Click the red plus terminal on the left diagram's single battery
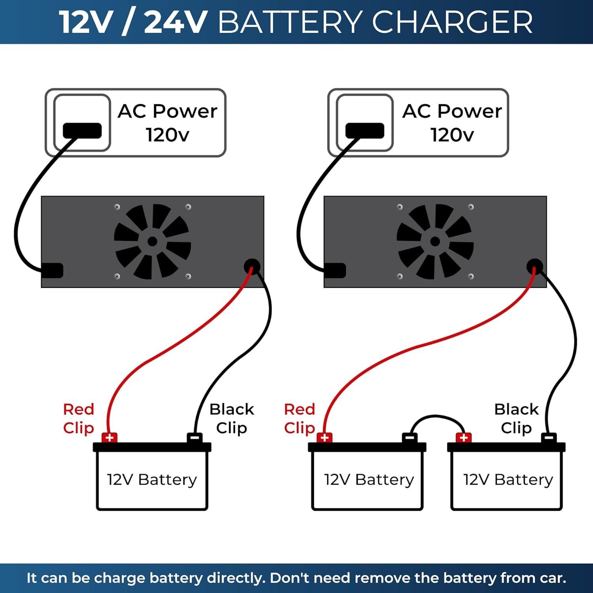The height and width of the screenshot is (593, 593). [x=110, y=438]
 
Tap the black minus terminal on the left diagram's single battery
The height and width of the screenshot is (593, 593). [x=195, y=438]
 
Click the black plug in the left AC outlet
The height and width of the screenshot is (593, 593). [x=82, y=130]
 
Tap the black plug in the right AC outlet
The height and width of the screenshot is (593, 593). [x=364, y=130]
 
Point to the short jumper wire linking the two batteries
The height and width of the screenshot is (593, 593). [x=436, y=417]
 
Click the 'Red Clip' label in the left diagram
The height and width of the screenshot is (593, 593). [x=79, y=418]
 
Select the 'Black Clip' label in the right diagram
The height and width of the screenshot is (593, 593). [x=516, y=418]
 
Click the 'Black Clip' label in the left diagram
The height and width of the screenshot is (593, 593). [x=232, y=418]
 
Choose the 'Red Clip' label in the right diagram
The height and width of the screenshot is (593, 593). [x=300, y=418]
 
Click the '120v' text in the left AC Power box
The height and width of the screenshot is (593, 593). [x=168, y=135]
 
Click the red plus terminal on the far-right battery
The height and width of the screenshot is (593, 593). [x=464, y=438]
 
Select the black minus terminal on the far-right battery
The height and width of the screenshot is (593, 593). [x=548, y=438]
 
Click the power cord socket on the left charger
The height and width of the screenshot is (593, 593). [x=53, y=270]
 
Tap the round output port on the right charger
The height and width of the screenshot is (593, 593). [x=534, y=266]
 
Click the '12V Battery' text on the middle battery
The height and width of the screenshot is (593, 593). [x=369, y=480]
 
